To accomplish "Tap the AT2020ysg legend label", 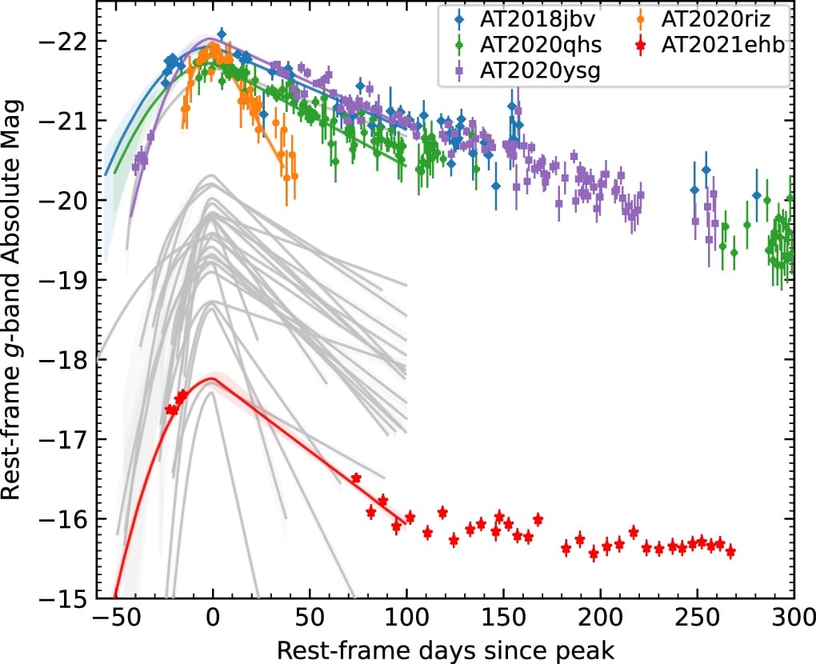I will (x=540, y=70).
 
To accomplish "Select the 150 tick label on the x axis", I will (x=503, y=619).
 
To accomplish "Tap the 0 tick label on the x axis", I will (x=213, y=619).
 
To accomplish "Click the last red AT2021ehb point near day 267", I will (x=730, y=552).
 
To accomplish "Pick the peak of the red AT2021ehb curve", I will (x=211, y=379).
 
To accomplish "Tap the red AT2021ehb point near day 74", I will (x=356, y=478).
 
